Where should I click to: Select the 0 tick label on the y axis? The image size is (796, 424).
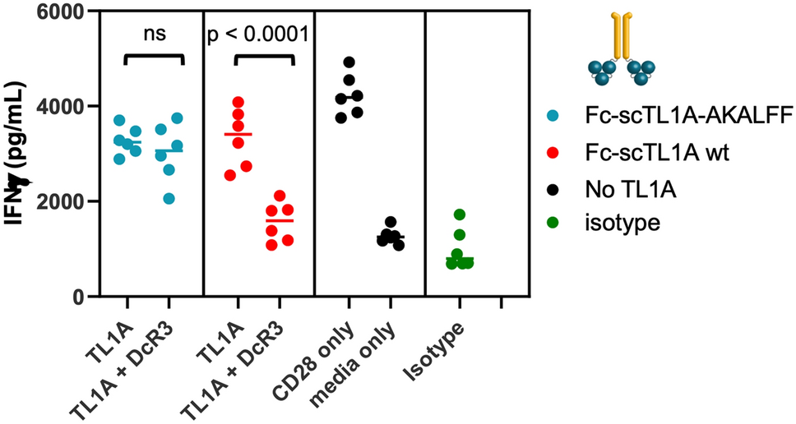(73, 297)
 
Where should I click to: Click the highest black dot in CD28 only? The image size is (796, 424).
(349, 62)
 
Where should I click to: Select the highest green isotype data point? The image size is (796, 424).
(460, 214)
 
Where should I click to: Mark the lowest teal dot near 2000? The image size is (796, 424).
(169, 199)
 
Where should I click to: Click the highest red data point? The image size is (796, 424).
(238, 103)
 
